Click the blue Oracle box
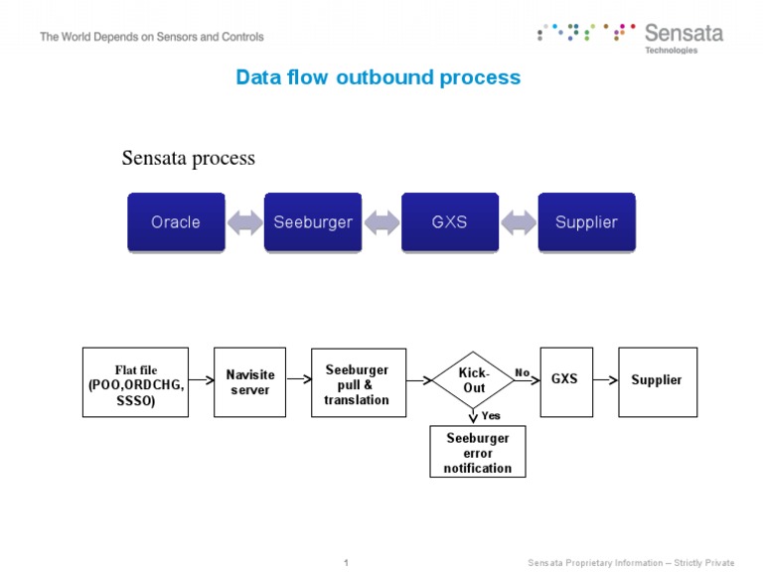click(176, 221)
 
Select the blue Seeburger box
click(313, 221)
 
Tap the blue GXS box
click(449, 221)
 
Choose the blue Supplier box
click(586, 221)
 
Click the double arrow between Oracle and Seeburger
click(244, 221)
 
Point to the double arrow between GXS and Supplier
click(518, 221)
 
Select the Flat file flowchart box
click(135, 381)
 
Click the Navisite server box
click(249, 381)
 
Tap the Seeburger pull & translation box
click(358, 382)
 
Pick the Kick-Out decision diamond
click(474, 379)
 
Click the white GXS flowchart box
click(565, 380)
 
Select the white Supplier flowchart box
click(657, 380)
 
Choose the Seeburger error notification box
click(478, 452)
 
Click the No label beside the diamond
click(523, 372)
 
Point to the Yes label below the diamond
click(491, 415)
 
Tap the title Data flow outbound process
click(378, 77)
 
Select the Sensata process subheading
click(188, 158)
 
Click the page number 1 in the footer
click(346, 563)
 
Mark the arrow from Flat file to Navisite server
click(201, 378)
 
